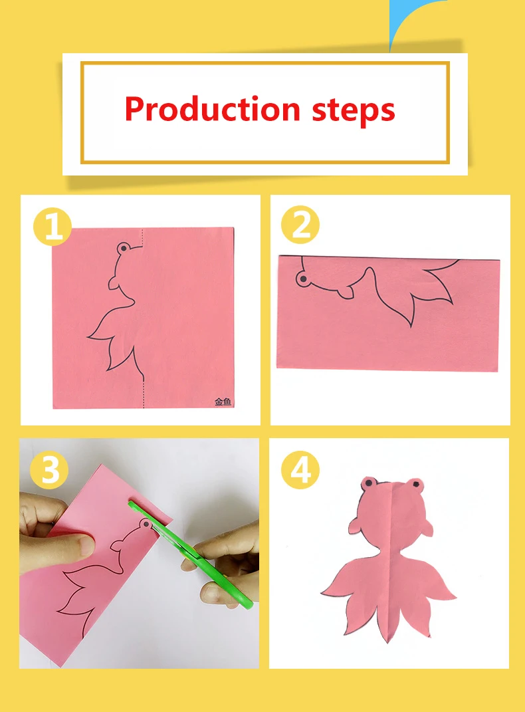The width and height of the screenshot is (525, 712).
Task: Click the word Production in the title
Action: pos(213,109)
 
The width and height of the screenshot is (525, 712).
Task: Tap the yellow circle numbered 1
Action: pos(52,227)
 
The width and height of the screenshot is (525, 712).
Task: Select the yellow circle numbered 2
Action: pos(300,224)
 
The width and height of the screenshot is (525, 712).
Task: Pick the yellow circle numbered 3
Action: pos(49,470)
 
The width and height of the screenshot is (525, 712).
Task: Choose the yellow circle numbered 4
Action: pos(300,470)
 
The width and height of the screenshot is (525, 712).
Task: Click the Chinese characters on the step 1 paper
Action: pos(223,402)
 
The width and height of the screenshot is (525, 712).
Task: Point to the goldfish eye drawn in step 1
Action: pos(124,249)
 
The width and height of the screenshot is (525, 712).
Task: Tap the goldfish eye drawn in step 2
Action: pos(302,279)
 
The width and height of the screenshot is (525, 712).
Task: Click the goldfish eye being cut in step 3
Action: pos(146,525)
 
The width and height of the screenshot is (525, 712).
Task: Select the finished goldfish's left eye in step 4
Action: pos(369,483)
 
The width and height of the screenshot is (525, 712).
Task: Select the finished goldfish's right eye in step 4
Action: pos(417,485)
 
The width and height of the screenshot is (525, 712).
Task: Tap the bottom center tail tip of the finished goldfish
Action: pos(388,641)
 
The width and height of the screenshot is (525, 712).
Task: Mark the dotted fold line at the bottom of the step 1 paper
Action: pos(144,394)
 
